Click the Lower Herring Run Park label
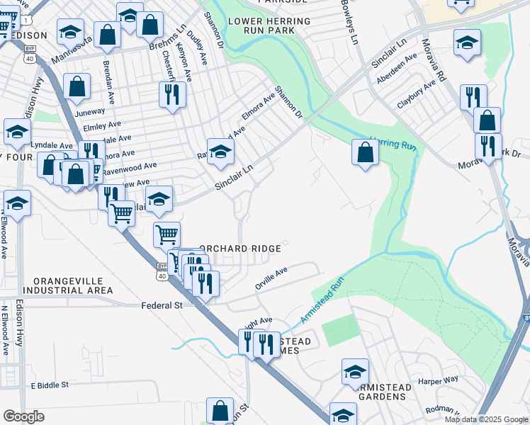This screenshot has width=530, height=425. (269, 28)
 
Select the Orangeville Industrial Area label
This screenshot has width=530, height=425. (67, 285)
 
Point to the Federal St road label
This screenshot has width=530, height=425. (162, 305)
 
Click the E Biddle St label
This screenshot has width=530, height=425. (50, 385)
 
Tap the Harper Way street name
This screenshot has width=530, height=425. (438, 380)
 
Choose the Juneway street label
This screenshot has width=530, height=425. (89, 112)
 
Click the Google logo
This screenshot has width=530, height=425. (23, 416)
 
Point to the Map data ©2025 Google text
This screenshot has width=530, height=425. (486, 419)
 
